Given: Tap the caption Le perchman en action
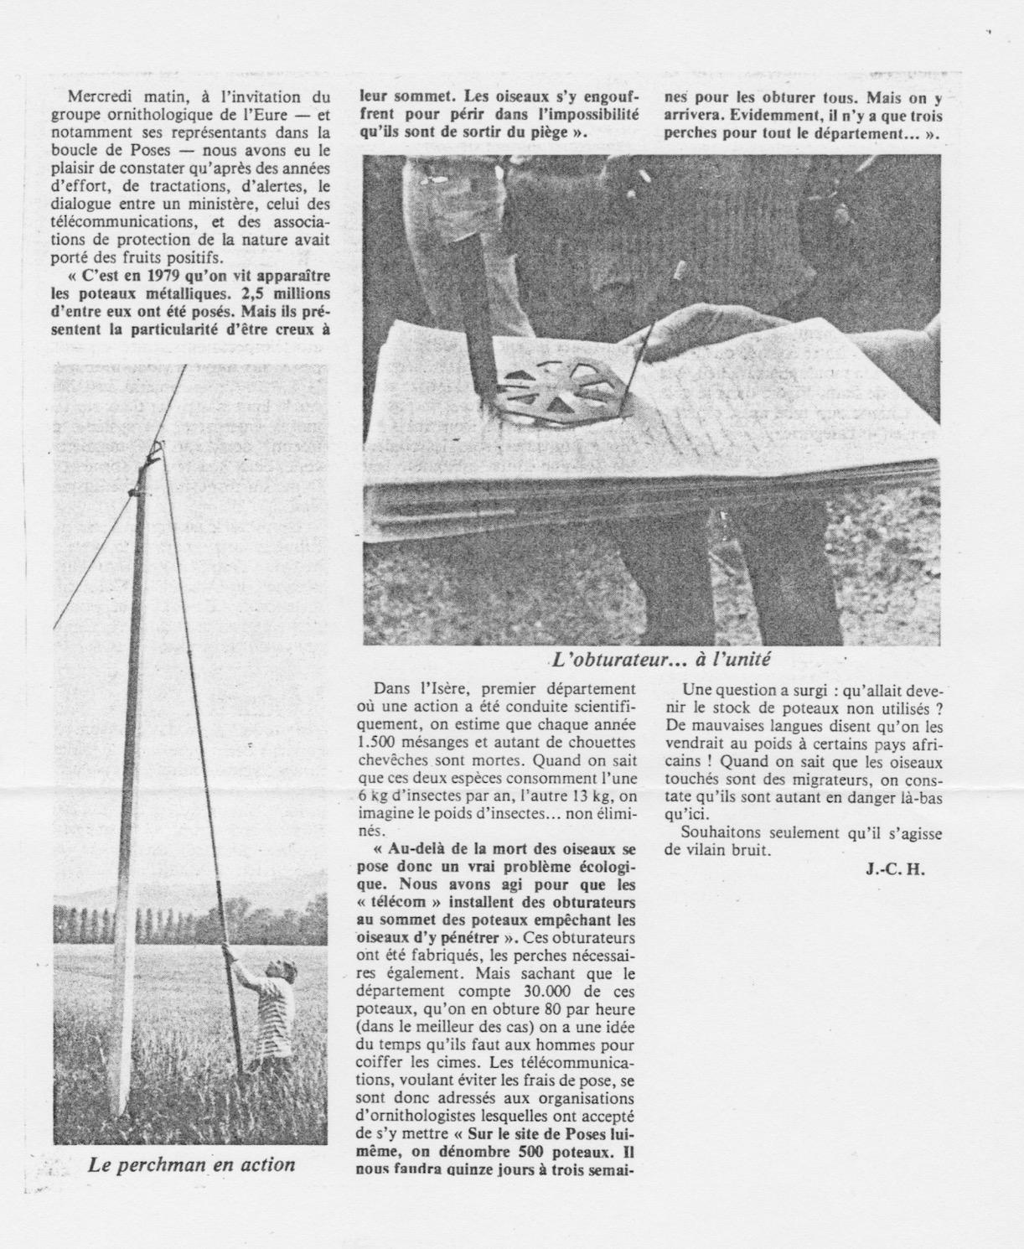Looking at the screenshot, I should pyautogui.click(x=192, y=1164).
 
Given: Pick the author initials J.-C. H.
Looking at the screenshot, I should pyautogui.click(x=894, y=868).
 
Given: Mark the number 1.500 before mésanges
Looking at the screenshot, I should pyautogui.click(x=381, y=742).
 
